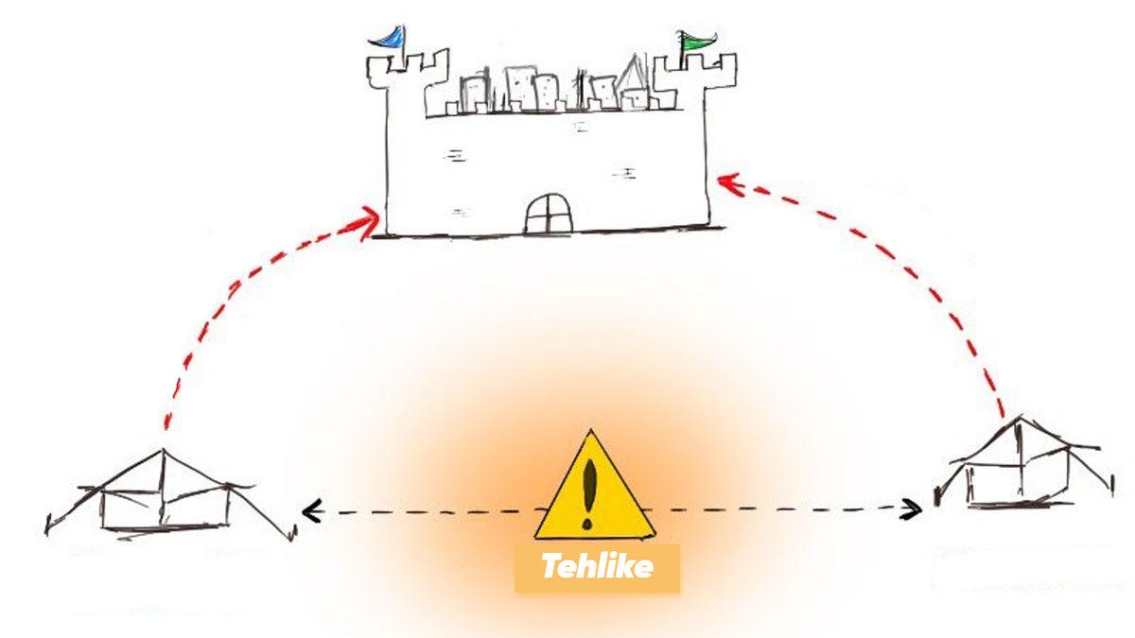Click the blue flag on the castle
click(388, 37)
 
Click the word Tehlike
click(596, 567)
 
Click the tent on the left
click(166, 496)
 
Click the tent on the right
click(1017, 468)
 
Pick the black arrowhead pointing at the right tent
click(914, 510)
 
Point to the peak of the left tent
click(164, 451)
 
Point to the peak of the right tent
click(1017, 419)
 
